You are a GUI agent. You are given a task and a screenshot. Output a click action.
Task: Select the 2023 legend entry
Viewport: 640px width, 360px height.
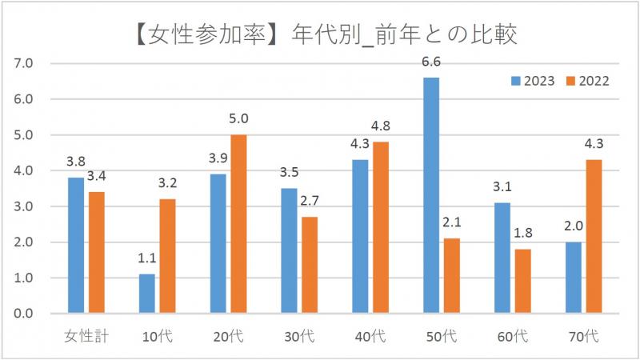(533, 81)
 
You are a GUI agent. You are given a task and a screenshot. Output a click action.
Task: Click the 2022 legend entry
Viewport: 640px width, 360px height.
(588, 81)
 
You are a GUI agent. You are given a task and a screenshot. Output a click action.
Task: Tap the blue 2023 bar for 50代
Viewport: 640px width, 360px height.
(431, 195)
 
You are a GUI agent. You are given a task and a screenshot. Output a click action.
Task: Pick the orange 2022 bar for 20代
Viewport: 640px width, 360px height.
(239, 224)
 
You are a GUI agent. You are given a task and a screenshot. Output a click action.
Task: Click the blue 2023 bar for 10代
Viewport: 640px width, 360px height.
(146, 294)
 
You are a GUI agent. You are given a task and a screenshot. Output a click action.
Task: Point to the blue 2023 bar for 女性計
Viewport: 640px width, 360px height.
(75, 246)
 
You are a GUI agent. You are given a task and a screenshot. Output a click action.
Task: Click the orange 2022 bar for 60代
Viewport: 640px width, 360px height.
(522, 281)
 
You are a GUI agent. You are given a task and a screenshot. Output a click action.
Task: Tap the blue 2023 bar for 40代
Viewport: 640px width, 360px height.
(360, 237)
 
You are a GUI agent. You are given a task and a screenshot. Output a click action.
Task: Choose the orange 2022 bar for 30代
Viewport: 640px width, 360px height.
(310, 265)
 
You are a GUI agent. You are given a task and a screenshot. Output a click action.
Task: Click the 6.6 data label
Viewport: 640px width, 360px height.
(431, 62)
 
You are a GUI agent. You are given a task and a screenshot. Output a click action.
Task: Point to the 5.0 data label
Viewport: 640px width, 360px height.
(239, 118)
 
